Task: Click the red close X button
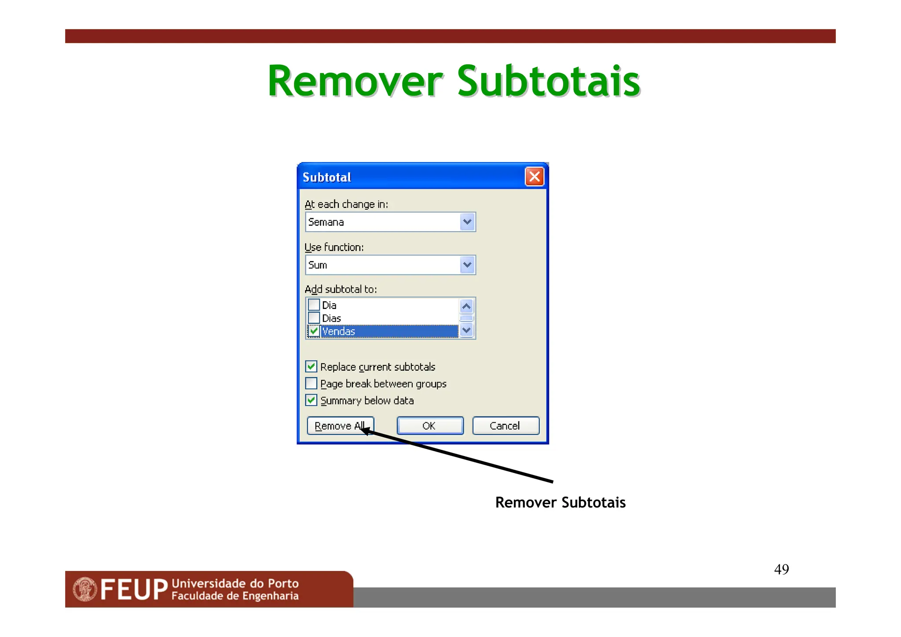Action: coord(534,177)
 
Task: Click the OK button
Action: coord(430,426)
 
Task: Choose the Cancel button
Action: coord(505,426)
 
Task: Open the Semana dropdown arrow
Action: coord(467,222)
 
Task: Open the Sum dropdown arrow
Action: coord(467,265)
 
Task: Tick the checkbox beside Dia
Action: coord(314,305)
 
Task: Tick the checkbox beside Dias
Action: coord(314,318)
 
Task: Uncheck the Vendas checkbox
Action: coord(314,331)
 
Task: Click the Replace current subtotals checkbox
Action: coord(311,366)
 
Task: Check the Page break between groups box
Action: coord(311,383)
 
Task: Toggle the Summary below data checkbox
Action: coord(311,400)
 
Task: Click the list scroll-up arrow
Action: coord(466,306)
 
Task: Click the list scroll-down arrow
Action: coord(466,330)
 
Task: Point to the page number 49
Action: coord(781,569)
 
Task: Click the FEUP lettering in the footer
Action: coord(134,590)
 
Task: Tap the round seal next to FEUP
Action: coord(85,589)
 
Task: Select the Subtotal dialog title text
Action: coord(327,177)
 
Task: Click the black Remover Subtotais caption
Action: coord(560,502)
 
